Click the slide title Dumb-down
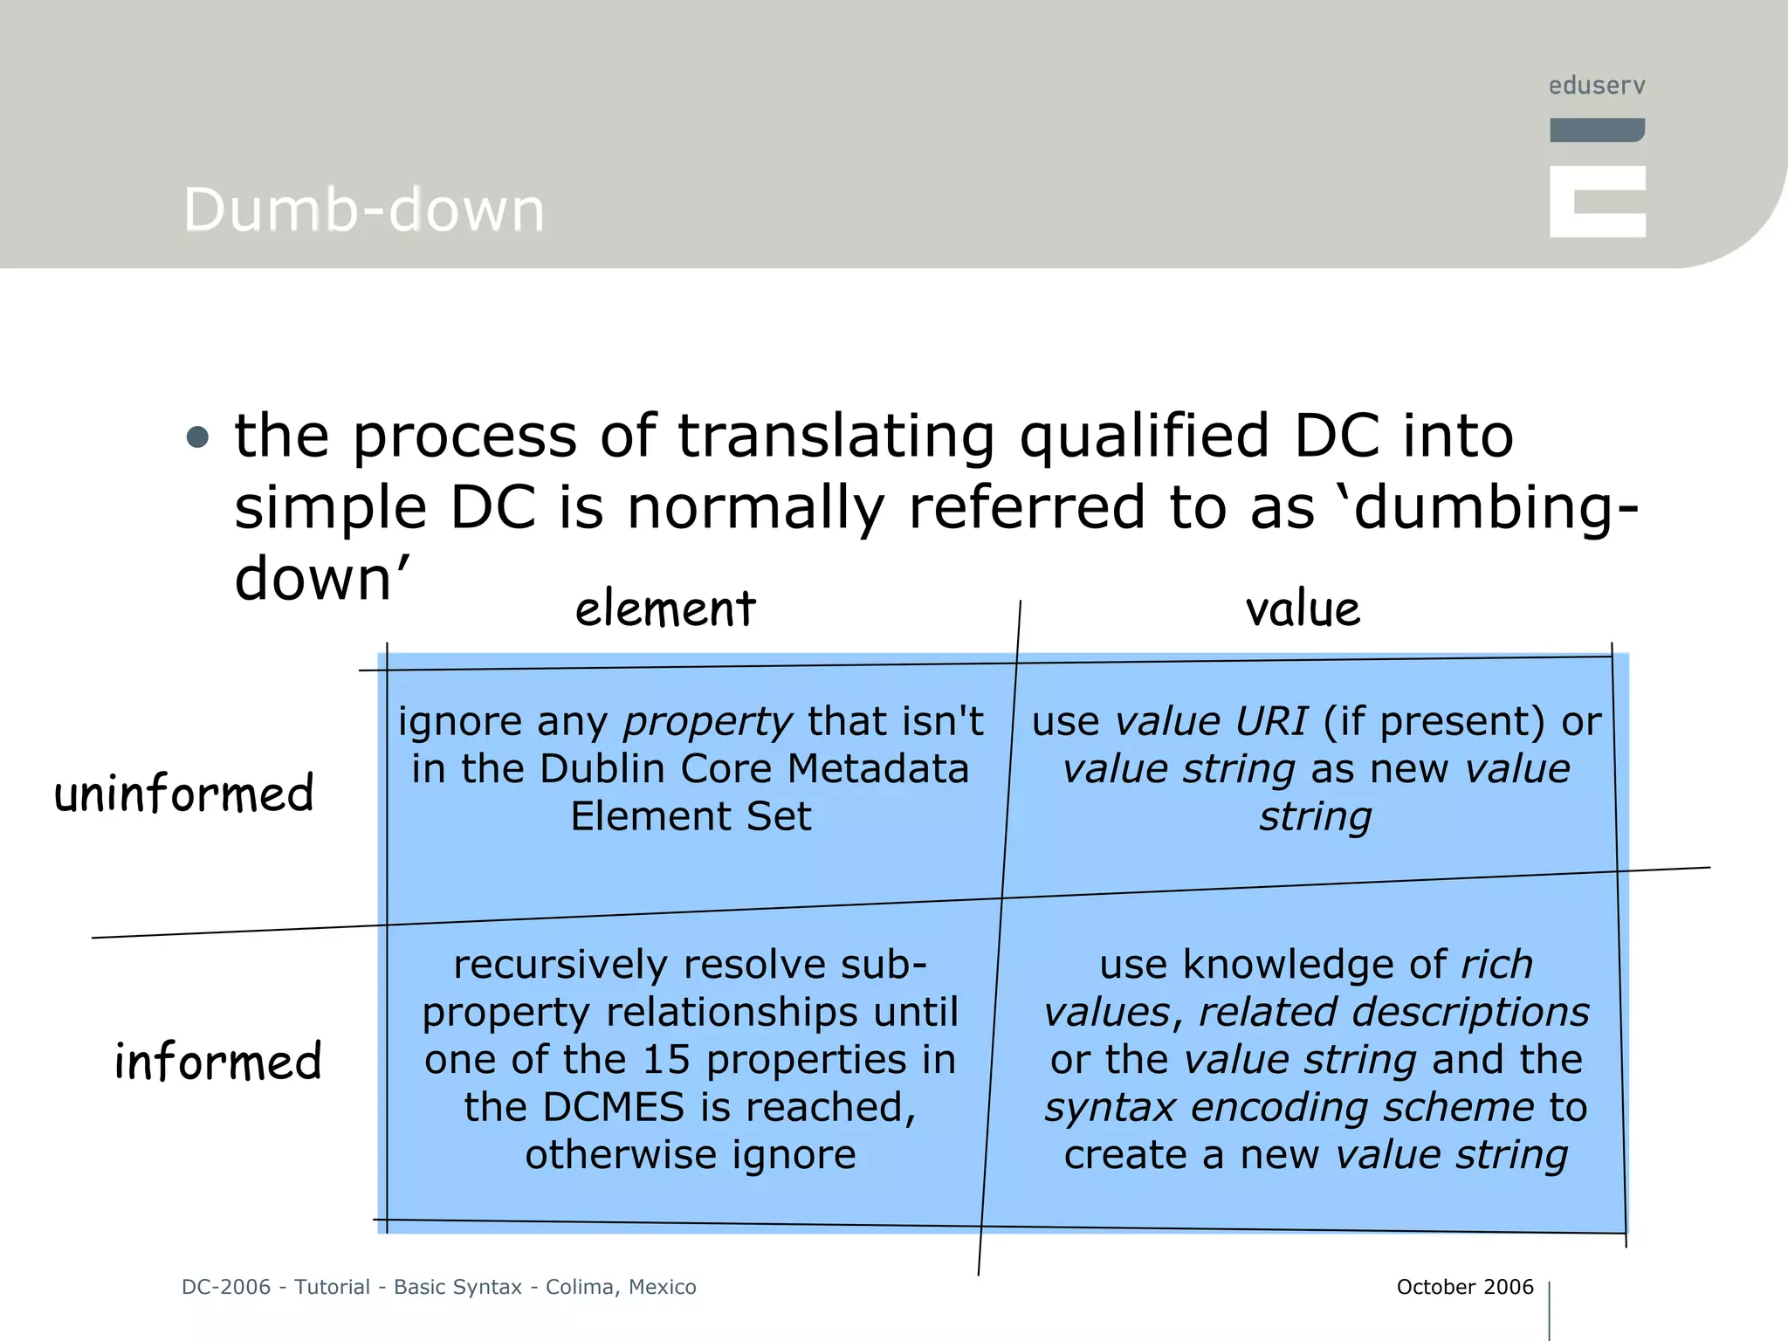364,210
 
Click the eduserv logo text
1597,86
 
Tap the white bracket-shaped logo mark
1597,202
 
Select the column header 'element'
665,609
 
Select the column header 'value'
1303,609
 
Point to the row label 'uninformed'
184,793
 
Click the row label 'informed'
218,1062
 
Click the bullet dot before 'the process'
198,437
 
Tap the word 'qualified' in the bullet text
1145,437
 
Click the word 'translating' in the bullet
836,437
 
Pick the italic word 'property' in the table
707,722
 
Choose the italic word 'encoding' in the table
1280,1107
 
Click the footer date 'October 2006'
1464,1287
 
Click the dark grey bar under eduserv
1597,130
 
